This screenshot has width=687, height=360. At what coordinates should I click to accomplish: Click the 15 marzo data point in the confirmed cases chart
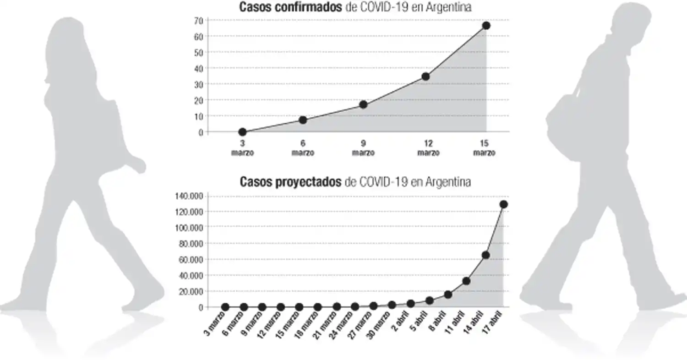[x=486, y=26]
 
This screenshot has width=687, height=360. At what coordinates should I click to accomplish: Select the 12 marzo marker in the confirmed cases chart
[x=425, y=76]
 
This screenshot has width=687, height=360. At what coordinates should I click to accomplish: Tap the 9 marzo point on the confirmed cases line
[x=363, y=104]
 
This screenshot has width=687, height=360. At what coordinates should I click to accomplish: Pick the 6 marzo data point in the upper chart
[x=303, y=120]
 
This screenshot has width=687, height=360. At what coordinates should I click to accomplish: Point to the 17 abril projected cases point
[x=504, y=204]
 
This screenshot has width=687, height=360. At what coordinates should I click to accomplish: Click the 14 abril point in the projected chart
[x=485, y=255]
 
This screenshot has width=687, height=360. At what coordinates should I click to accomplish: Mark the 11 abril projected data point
[x=467, y=281]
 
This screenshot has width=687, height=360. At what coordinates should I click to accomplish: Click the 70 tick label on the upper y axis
[x=198, y=21]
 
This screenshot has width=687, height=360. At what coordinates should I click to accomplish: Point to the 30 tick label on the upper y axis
[x=198, y=84]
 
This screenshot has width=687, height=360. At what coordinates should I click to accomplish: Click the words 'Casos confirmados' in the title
[x=290, y=7]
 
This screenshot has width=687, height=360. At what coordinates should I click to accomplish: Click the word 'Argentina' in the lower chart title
[x=447, y=182]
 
